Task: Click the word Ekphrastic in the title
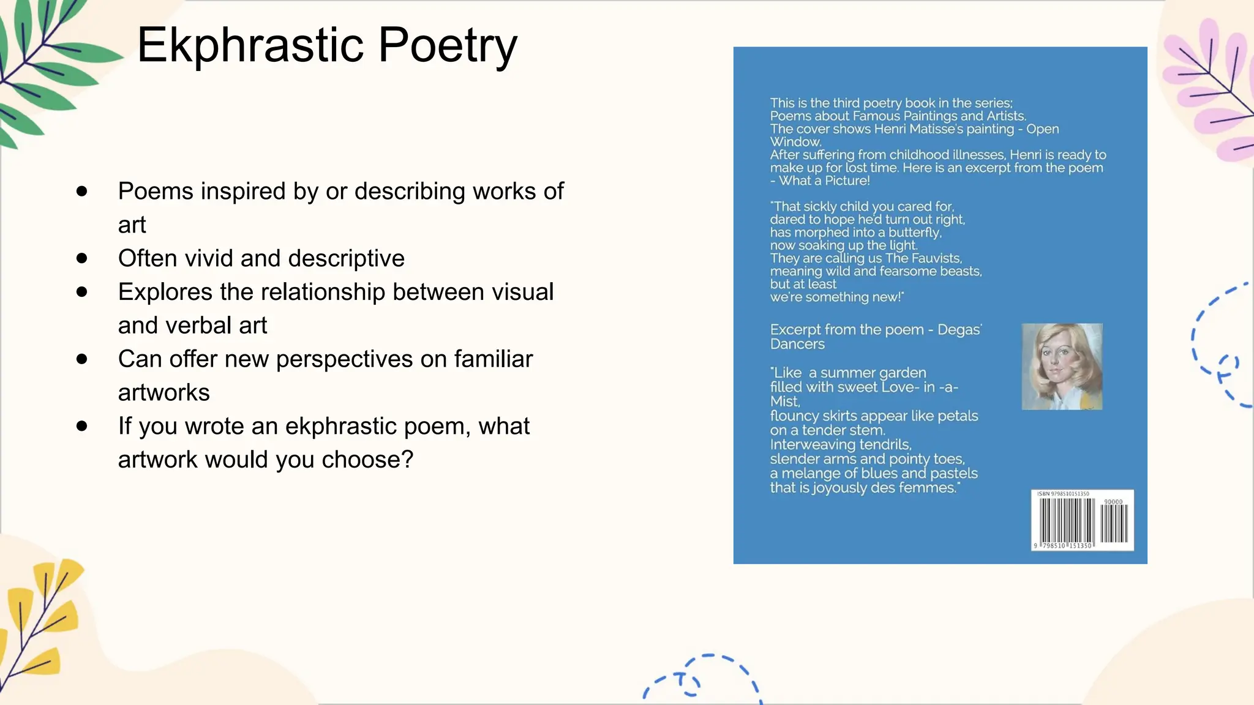click(251, 45)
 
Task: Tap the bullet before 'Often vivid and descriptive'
click(82, 258)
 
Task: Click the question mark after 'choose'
click(407, 460)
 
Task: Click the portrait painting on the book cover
click(1062, 366)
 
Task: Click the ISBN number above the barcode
click(1063, 494)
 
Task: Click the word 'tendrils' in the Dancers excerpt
click(885, 445)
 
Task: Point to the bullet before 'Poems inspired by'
click(82, 191)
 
